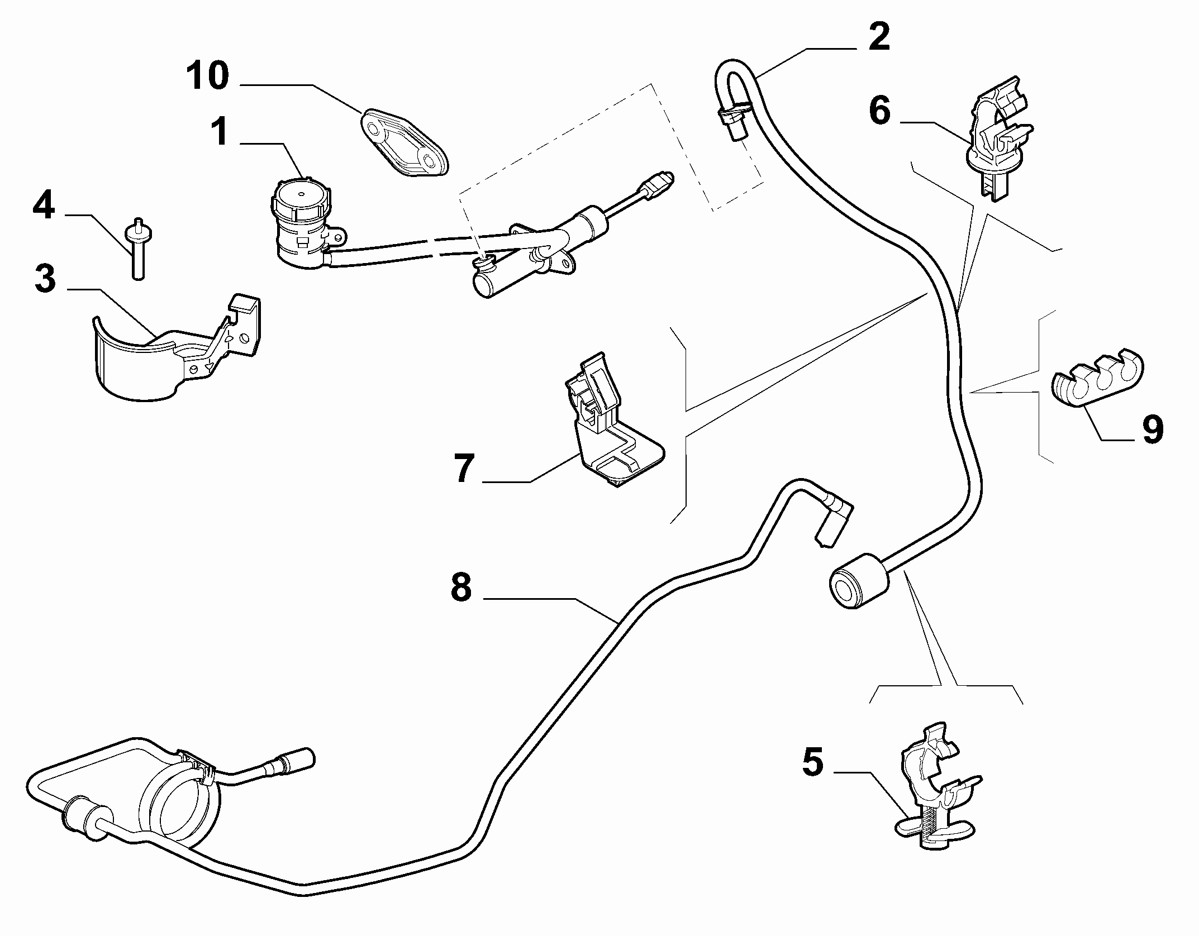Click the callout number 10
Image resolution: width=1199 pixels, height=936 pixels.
coord(208,76)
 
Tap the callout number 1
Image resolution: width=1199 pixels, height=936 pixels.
coord(220,132)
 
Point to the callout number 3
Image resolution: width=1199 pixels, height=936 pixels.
coord(45,279)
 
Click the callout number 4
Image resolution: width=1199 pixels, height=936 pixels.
coord(44,205)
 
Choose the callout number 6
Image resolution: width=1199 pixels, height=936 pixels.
coord(879,111)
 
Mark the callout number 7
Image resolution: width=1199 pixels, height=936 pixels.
coord(464,468)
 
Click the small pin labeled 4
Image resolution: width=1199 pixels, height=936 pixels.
coord(137,249)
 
